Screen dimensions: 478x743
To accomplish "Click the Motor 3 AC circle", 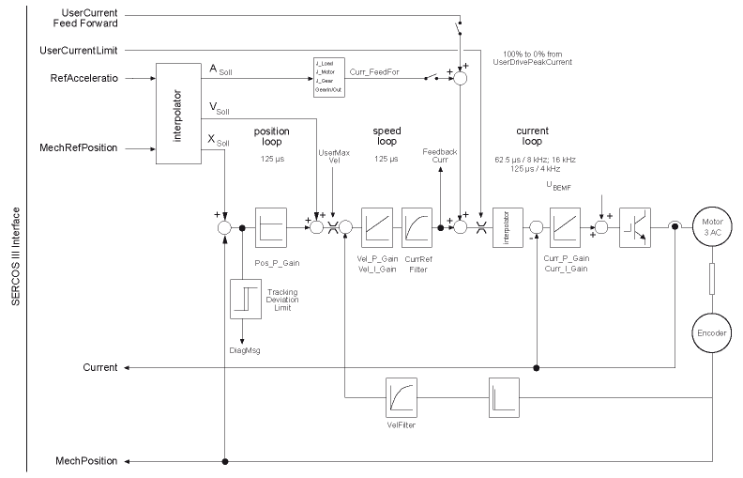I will (711, 226).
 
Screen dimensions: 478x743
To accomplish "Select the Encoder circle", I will (711, 332).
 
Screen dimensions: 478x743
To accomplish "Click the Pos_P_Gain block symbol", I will (270, 226).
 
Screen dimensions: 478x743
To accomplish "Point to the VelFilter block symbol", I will (402, 397).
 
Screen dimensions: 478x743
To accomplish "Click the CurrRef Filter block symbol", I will (417, 226).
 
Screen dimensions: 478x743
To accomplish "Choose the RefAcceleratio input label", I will (86, 80).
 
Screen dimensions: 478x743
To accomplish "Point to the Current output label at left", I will (99, 367).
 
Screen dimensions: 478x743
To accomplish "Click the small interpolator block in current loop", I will (506, 226).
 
